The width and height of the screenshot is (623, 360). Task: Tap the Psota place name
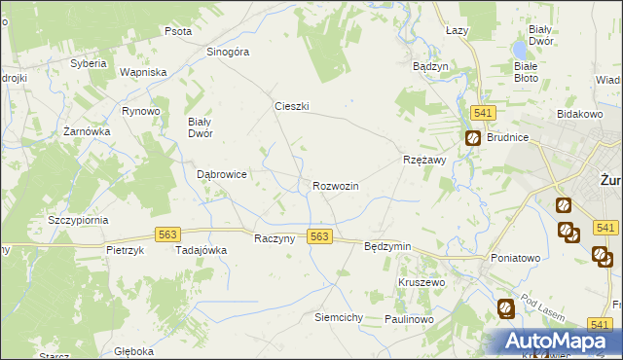(177, 31)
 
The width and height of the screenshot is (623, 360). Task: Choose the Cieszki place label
(291, 107)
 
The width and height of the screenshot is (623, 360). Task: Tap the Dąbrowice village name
(222, 174)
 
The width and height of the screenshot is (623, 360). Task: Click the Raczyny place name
(274, 238)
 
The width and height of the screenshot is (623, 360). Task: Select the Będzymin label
(386, 247)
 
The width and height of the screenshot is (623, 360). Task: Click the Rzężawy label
(423, 161)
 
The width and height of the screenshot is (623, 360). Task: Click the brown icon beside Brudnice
(472, 138)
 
